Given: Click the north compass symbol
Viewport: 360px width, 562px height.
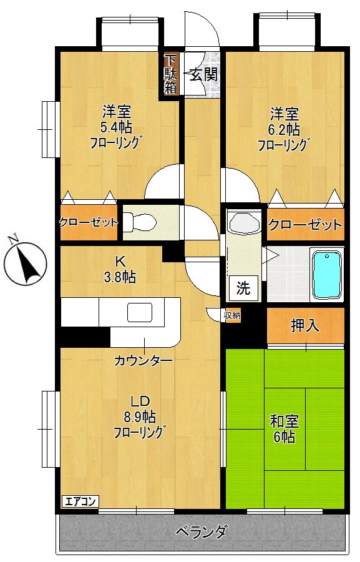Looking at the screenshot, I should click(24, 263).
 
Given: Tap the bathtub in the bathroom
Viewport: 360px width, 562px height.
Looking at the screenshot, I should click(327, 275).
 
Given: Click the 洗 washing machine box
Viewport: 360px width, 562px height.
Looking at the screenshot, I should click(243, 288).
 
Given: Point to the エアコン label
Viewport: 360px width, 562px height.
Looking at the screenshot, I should click(80, 501).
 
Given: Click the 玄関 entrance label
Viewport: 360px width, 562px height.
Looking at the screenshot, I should click(203, 75).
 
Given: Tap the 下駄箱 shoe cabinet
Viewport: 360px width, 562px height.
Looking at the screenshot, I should click(170, 74).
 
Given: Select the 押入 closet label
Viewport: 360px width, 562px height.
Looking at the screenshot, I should click(305, 325).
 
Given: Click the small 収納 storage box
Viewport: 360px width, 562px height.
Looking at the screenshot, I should click(232, 315).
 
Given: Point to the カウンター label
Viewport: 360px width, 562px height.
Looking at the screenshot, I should click(143, 360).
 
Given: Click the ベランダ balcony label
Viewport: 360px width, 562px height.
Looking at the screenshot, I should click(201, 533).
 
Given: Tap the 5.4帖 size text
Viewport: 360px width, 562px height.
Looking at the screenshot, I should click(116, 128).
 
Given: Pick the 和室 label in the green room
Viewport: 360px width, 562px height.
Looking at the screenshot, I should click(285, 421).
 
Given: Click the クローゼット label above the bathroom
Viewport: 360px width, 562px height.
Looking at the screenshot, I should click(305, 225).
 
